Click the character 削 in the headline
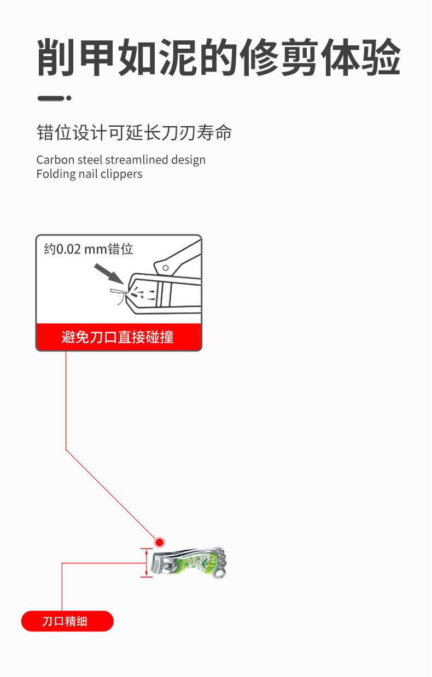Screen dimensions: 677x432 point(57,57)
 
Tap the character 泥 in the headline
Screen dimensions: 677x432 point(178,57)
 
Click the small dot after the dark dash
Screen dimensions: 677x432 point(69,98)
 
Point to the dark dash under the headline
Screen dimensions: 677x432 point(50,98)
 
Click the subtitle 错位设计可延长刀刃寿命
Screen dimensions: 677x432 point(134,133)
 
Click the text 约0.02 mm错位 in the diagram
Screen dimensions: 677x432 point(89,249)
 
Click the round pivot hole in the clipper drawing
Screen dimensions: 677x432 point(165,268)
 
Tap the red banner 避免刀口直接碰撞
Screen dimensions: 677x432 point(118,337)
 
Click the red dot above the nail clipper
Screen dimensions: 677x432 point(159,542)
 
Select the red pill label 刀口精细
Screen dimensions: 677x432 point(67,621)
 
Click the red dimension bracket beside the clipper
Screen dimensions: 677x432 point(146,563)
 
